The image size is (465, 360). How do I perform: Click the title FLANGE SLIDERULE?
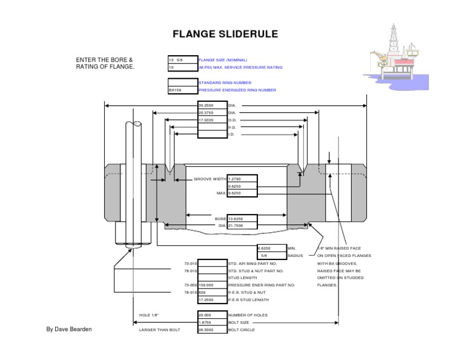click(x=225, y=34)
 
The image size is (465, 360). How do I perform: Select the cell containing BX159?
click(x=182, y=90)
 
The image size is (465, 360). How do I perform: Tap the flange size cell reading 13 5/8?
click(x=182, y=60)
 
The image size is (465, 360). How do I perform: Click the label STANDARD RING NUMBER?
click(x=225, y=82)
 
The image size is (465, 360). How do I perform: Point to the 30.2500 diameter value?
click(x=212, y=105)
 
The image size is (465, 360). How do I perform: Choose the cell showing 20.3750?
click(x=212, y=112)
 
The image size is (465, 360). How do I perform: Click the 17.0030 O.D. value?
click(x=212, y=120)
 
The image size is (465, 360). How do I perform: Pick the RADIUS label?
click(x=297, y=256)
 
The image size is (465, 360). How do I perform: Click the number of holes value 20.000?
click(x=212, y=315)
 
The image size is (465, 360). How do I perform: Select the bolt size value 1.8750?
click(x=212, y=322)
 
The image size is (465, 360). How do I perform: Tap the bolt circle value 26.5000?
click(x=212, y=330)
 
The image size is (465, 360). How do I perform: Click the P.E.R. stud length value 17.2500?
click(x=212, y=300)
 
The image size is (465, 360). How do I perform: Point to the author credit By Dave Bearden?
click(x=70, y=329)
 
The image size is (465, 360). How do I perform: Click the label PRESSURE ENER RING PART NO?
click(x=261, y=285)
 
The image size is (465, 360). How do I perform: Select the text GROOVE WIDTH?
click(x=209, y=179)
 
